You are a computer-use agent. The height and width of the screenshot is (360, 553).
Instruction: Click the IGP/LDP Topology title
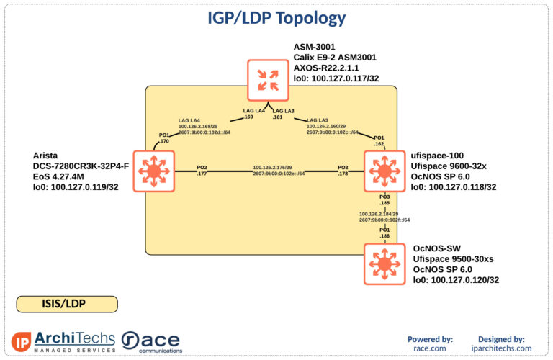pos(276,18)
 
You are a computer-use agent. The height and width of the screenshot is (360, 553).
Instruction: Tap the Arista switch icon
pos(153,171)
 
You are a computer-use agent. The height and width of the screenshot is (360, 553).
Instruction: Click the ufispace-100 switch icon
pos(383,171)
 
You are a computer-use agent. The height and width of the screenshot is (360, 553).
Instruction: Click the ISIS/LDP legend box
pos(67,304)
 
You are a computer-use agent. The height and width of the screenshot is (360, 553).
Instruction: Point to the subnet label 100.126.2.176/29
pos(272,167)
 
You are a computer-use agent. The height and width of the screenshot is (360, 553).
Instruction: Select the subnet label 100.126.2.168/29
pos(197,126)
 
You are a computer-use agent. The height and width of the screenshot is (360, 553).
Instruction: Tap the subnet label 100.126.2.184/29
pos(379,214)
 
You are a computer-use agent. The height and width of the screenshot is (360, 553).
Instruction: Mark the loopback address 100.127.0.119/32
pos(76,187)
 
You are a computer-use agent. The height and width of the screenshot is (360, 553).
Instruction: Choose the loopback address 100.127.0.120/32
pos(456,280)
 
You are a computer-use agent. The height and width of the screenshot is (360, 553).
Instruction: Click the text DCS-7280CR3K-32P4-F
pos(81,166)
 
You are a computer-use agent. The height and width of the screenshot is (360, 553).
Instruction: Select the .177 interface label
pos(202,174)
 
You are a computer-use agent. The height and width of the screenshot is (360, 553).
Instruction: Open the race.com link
pos(430,348)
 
